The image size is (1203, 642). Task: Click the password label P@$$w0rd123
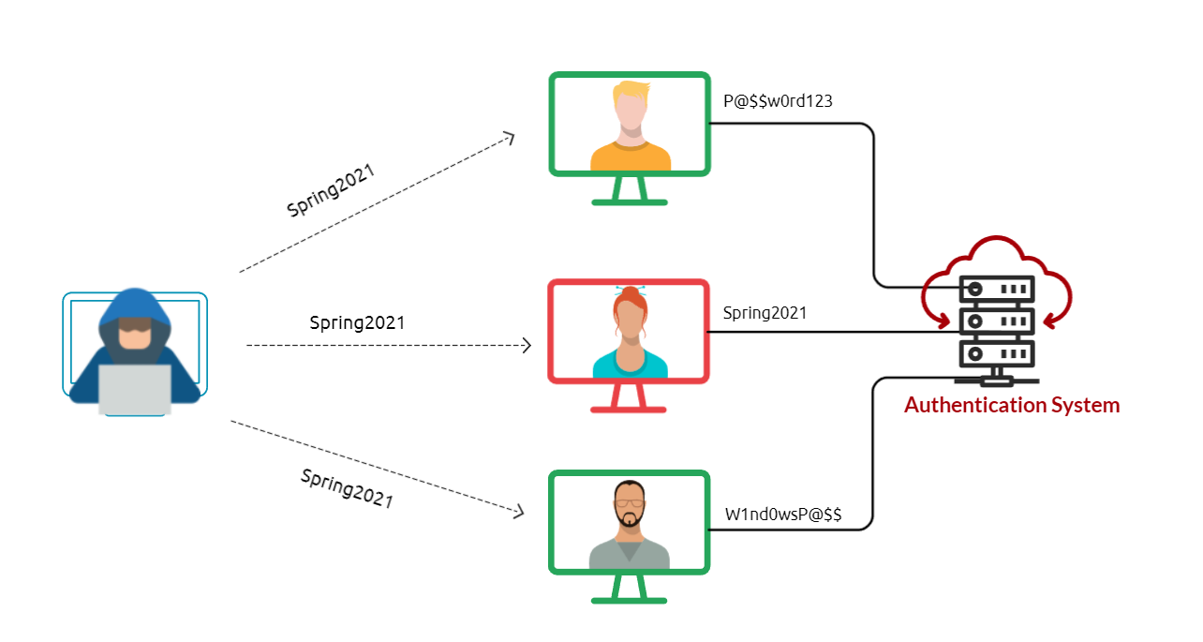click(x=778, y=102)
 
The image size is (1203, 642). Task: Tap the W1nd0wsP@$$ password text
click(x=783, y=515)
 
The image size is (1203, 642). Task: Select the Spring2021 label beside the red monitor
click(x=765, y=313)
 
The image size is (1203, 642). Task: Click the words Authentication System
click(x=1012, y=406)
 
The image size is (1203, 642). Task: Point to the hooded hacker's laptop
click(x=135, y=388)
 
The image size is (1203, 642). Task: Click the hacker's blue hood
click(x=136, y=306)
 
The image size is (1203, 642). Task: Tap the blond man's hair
click(x=631, y=94)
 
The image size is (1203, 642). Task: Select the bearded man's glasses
click(x=630, y=502)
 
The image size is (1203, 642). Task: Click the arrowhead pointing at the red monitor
click(x=527, y=346)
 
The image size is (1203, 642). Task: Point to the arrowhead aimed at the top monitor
click(x=511, y=137)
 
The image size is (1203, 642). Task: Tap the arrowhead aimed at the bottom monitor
click(x=517, y=512)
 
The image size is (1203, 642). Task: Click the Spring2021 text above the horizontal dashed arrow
click(x=357, y=323)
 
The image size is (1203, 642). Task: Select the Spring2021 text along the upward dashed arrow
click(x=331, y=191)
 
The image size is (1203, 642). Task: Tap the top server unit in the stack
click(x=995, y=288)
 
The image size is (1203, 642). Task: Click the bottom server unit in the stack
click(x=995, y=354)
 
